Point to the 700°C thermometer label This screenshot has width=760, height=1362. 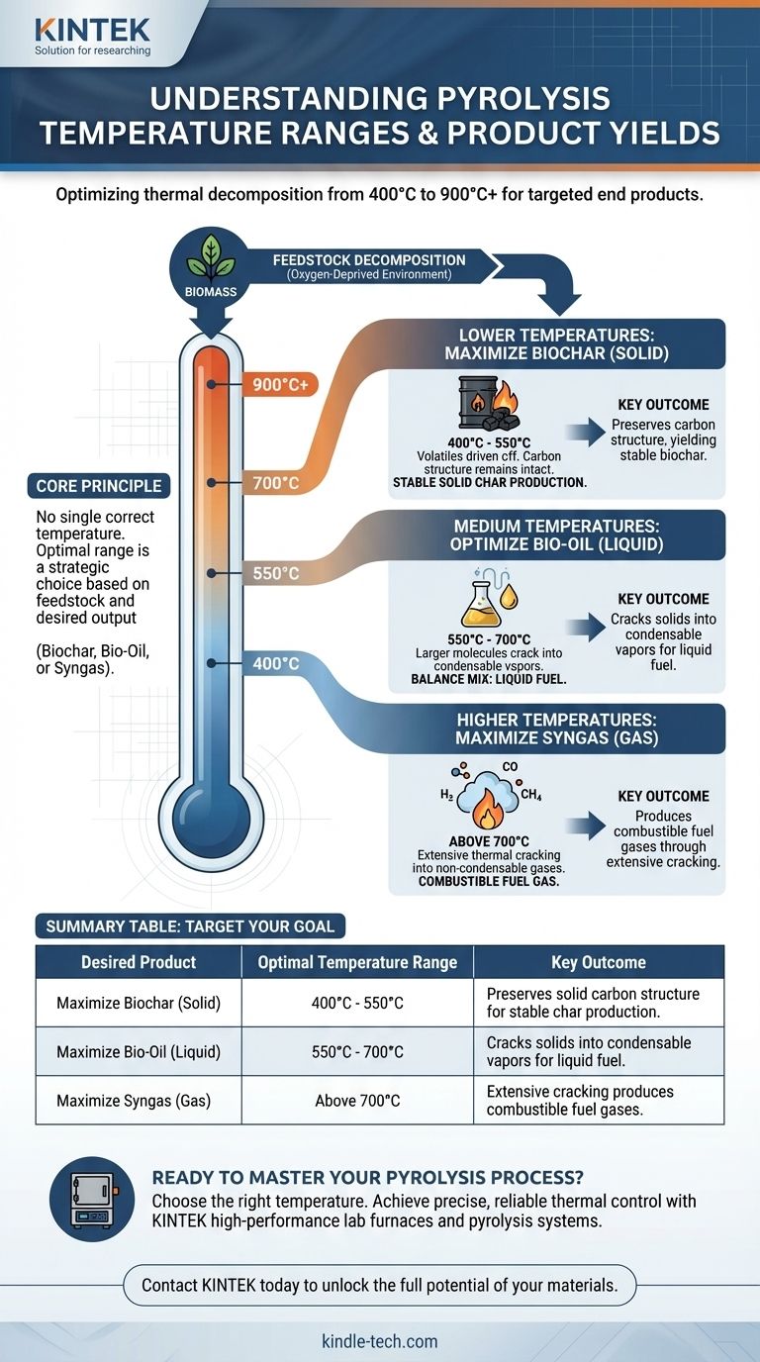pyautogui.click(x=277, y=484)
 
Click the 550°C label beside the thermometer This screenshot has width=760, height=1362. pyautogui.click(x=276, y=573)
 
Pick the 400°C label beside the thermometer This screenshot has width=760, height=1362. pyautogui.click(x=276, y=663)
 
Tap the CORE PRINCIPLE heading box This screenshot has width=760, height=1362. pyautogui.click(x=99, y=487)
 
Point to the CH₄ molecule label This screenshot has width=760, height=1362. pyautogui.click(x=532, y=795)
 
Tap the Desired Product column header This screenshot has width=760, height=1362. pyautogui.click(x=139, y=962)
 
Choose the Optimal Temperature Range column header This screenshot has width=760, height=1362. pyautogui.click(x=357, y=962)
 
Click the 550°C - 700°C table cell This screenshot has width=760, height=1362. pyautogui.click(x=357, y=1052)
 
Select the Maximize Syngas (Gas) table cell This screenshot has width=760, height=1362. pyautogui.click(x=139, y=1100)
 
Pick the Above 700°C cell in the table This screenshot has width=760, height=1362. pyautogui.click(x=357, y=1100)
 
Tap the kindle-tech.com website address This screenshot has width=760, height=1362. pyautogui.click(x=380, y=1341)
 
